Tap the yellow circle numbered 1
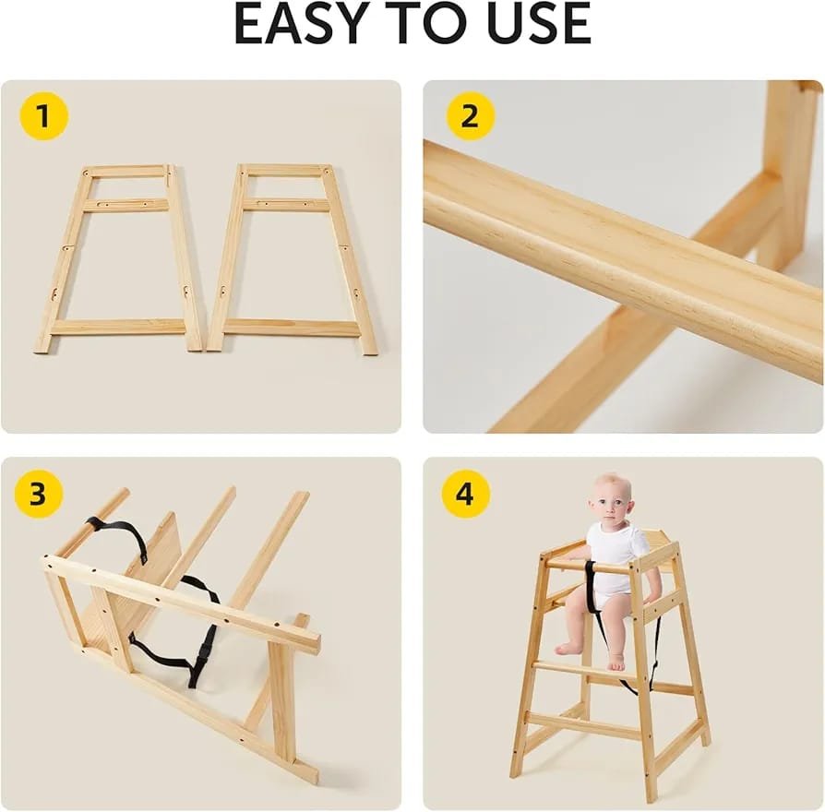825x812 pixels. pyautogui.click(x=44, y=115)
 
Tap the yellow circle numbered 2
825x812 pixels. pyautogui.click(x=470, y=115)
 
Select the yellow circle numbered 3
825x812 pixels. pyautogui.click(x=39, y=495)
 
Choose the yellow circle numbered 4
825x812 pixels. pyautogui.click(x=466, y=495)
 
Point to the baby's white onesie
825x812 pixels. pyautogui.click(x=616, y=562)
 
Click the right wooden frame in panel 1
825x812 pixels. pyautogui.click(x=292, y=259)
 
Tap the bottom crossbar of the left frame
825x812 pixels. pyautogui.click(x=119, y=328)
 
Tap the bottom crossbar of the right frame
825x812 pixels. pyautogui.click(x=292, y=328)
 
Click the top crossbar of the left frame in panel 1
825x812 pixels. pyautogui.click(x=127, y=171)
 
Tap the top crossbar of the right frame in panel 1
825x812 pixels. pyautogui.click(x=284, y=170)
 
